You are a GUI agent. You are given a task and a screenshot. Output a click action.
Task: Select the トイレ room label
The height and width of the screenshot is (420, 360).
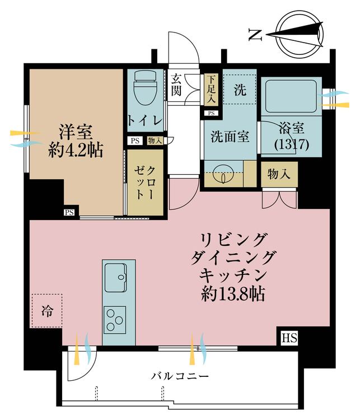click(x=145, y=120)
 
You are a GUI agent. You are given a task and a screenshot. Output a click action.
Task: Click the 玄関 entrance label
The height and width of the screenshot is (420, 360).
click(x=177, y=85)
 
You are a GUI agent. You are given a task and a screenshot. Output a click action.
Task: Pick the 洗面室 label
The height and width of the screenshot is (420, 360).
click(x=230, y=137)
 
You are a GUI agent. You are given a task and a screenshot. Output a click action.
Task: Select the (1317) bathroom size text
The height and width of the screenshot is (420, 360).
click(x=289, y=144)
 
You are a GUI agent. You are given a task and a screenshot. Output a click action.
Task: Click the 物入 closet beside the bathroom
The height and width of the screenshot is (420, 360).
click(x=279, y=174)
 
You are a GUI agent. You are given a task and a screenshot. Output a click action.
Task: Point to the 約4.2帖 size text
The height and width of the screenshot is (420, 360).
click(x=76, y=150)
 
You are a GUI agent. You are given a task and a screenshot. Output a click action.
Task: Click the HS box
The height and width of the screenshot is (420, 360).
click(x=289, y=338)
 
